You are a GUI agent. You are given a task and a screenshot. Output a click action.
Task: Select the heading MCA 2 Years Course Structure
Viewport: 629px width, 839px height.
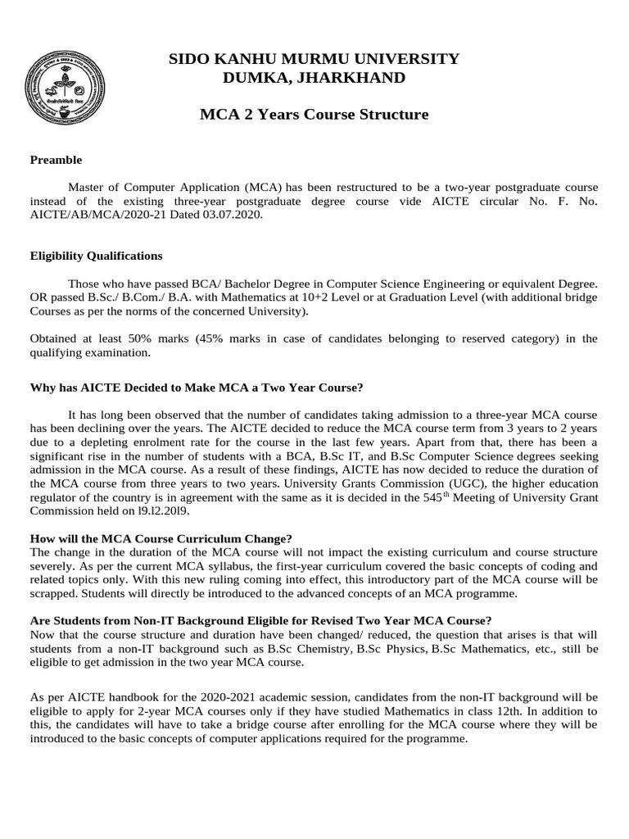coord(314,114)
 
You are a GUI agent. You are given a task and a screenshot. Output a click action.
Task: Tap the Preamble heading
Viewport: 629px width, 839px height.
coord(56,160)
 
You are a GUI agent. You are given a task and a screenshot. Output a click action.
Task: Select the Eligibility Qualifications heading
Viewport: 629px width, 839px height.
coord(96,256)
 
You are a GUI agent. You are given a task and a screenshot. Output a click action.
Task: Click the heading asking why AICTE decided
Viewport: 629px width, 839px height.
coord(196,387)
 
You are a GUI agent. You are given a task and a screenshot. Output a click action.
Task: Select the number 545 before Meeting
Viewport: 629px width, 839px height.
coord(454,497)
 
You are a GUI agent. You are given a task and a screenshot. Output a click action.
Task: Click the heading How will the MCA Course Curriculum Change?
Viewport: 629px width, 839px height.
coord(161,538)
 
